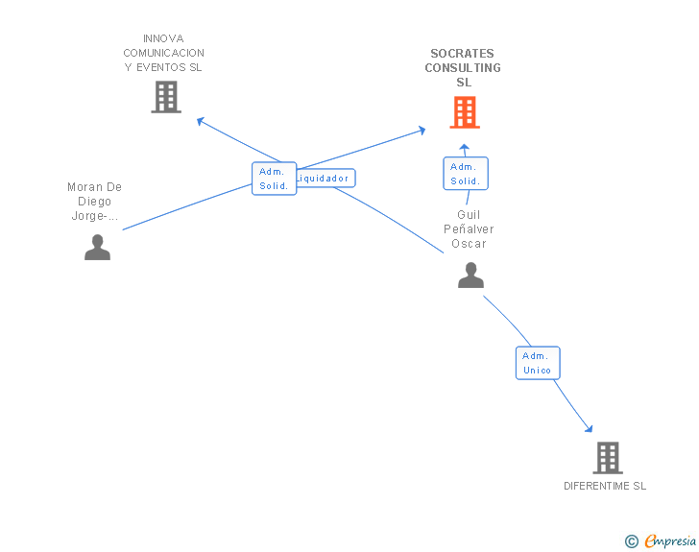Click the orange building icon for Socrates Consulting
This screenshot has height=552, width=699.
(x=465, y=112)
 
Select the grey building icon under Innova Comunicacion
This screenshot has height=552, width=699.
(x=166, y=97)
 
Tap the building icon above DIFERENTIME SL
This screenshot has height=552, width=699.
(x=608, y=458)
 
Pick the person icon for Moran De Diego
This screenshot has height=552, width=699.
(x=97, y=247)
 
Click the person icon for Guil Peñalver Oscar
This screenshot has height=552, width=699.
(x=470, y=276)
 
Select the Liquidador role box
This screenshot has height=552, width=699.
(x=325, y=178)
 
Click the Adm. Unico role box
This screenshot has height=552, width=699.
(x=538, y=363)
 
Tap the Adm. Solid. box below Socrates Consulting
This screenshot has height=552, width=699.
(x=466, y=174)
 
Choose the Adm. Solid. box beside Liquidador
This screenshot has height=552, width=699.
(x=275, y=179)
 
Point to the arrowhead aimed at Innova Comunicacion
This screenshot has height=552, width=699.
(x=200, y=120)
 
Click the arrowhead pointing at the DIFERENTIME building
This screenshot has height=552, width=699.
(x=590, y=429)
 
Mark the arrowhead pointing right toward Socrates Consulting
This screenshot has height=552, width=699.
(x=422, y=131)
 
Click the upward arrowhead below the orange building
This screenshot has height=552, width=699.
(x=464, y=147)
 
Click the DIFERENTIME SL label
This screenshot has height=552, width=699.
(x=605, y=486)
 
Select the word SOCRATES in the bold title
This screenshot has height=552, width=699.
(x=462, y=54)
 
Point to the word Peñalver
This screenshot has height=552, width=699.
(x=469, y=229)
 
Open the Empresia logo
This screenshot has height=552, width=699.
(x=670, y=540)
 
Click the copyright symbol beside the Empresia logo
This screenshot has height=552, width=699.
(x=632, y=541)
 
